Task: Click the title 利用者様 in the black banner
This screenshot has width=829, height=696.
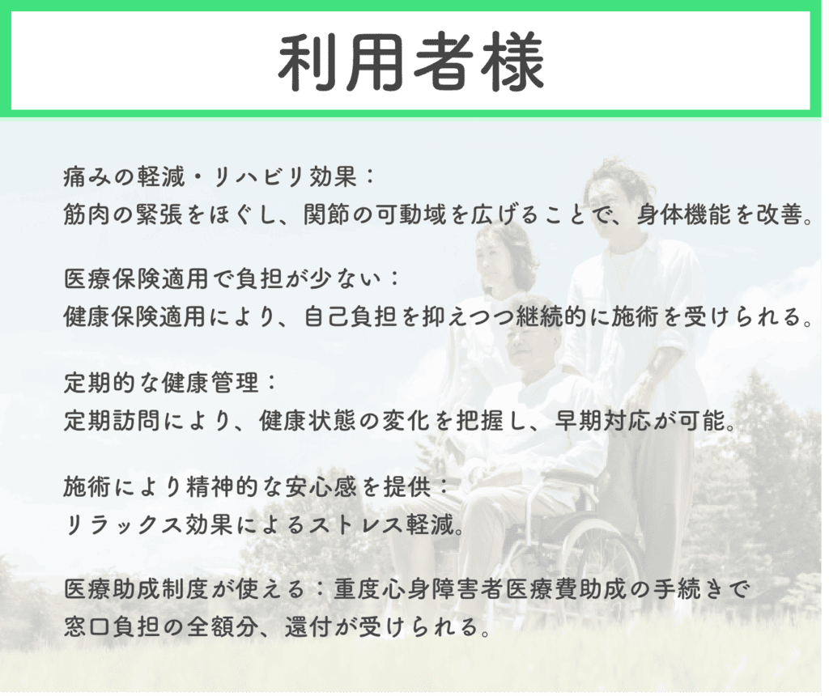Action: pos(410,62)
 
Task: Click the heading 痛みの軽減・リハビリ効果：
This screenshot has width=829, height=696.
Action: pos(219,176)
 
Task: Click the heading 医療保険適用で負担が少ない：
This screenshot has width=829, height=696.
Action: pos(232,279)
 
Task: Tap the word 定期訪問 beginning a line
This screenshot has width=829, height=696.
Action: pos(110,420)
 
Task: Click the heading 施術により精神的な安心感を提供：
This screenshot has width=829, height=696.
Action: pos(255,486)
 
